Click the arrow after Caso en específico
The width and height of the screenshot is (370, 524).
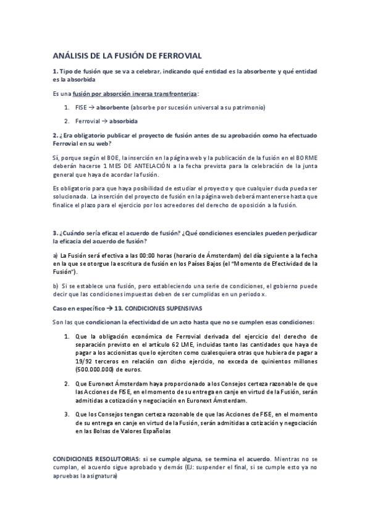tap(109, 307)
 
